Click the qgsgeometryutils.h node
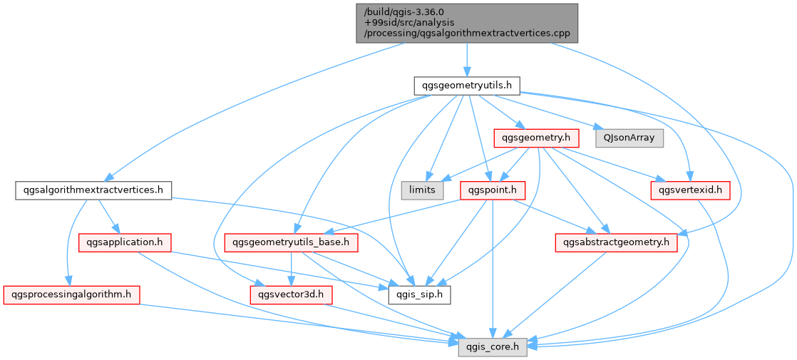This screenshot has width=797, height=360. [466, 86]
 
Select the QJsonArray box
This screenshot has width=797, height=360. [629, 138]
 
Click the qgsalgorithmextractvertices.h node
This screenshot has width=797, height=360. [93, 190]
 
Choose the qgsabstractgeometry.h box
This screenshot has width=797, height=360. [616, 242]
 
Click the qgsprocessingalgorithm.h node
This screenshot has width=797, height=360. [71, 294]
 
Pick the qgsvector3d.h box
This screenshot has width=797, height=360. [291, 294]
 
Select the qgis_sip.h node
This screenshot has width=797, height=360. [419, 294]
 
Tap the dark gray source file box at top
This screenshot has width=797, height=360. [466, 24]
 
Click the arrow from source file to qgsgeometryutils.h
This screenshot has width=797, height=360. [466, 60]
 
